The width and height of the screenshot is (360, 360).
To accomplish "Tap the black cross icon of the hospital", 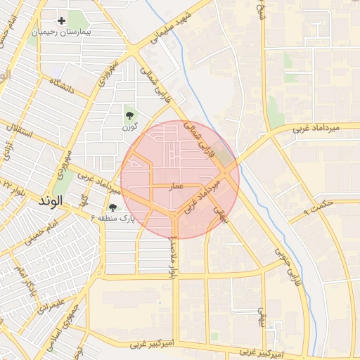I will (61, 21).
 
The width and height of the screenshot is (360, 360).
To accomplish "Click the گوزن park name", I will (129, 127).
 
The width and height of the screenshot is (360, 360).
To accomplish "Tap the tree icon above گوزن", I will (129, 115).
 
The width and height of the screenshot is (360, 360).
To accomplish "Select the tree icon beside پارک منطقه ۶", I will (112, 207).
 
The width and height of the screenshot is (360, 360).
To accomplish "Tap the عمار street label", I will (176, 185).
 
